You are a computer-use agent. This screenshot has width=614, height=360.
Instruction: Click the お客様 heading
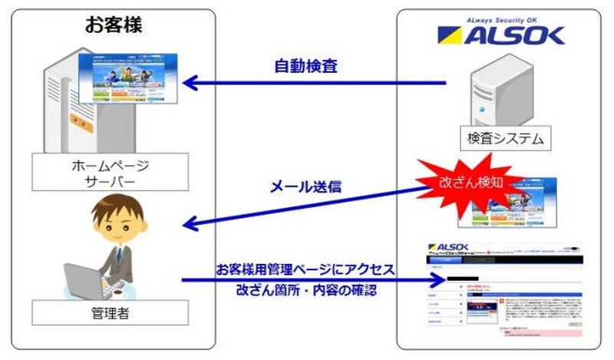tap(113, 25)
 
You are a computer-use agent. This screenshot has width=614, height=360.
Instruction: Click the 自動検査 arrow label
tap(305, 66)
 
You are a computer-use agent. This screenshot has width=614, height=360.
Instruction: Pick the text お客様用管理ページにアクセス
tap(305, 271)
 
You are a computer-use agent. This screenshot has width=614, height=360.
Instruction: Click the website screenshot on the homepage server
tap(128, 80)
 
